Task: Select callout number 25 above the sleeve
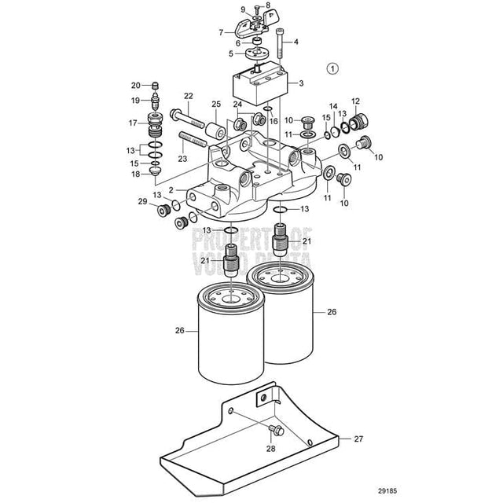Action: (215, 104)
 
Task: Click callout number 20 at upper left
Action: (135, 85)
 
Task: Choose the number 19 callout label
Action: (135, 100)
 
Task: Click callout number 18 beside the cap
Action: (135, 174)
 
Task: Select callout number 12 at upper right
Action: (355, 101)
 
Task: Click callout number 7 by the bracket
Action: (222, 32)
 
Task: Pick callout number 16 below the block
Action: (274, 122)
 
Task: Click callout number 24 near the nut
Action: (237, 104)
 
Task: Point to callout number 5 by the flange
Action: (231, 53)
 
